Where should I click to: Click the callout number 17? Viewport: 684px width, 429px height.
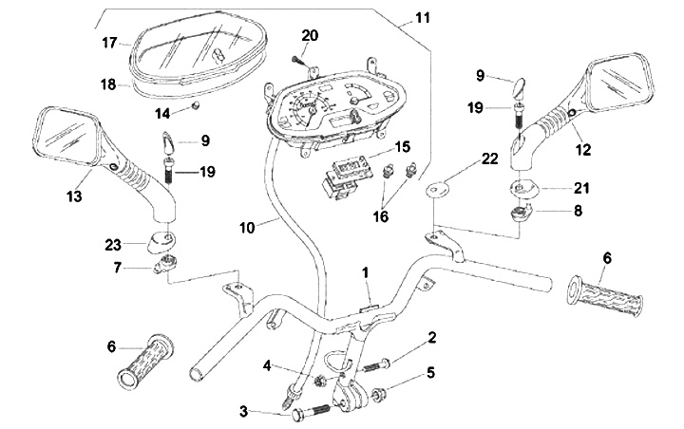(109, 43)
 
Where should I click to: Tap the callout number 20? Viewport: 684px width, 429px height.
(310, 35)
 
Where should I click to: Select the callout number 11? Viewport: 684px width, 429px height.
(422, 18)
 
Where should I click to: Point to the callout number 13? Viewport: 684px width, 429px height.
(74, 196)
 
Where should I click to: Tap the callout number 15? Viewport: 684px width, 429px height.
(403, 146)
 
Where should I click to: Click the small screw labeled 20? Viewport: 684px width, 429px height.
(299, 61)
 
